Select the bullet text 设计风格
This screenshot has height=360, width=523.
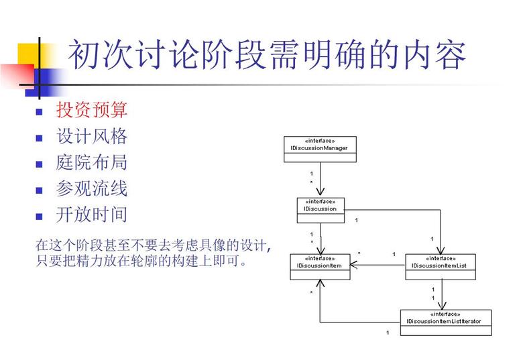coord(92,137)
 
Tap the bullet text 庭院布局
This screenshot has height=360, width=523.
coord(92,163)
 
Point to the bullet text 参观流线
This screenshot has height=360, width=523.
coord(92,189)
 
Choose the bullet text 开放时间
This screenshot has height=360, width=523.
coord(92,215)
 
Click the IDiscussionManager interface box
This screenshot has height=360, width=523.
coord(319,149)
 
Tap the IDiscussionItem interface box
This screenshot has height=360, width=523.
coord(320,267)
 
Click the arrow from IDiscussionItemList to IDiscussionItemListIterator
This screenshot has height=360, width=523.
coord(442,295)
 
